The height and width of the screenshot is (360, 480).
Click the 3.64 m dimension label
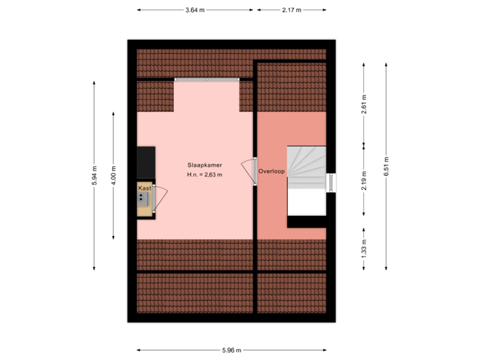tap(195, 10)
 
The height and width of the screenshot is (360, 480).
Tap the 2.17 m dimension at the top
tap(291, 10)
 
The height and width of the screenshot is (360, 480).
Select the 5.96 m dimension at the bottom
tap(231, 349)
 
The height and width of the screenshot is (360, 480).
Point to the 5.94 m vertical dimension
tap(94, 175)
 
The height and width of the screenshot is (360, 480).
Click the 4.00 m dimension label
tap(113, 175)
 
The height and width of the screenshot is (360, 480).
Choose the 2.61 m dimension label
tap(364, 105)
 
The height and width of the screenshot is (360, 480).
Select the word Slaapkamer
tap(205, 164)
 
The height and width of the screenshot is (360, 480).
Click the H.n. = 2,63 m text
tap(205, 175)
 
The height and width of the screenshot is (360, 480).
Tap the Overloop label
tap(271, 171)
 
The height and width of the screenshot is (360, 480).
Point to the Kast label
tap(144, 189)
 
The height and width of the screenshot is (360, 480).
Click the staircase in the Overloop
tap(307, 180)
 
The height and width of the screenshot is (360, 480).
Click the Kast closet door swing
tap(160, 197)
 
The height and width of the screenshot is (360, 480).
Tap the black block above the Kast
tap(146, 162)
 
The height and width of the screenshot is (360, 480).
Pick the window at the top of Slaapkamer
tap(206, 79)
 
